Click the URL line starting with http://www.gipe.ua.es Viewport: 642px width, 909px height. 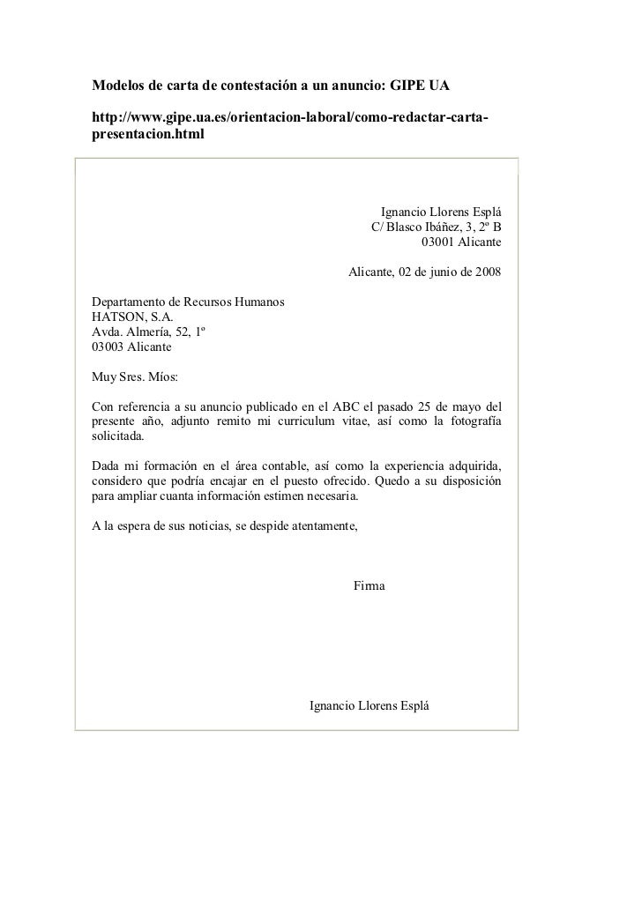coord(291,119)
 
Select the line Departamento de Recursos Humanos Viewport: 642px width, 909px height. coord(188,302)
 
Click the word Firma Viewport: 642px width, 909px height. coord(369,586)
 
